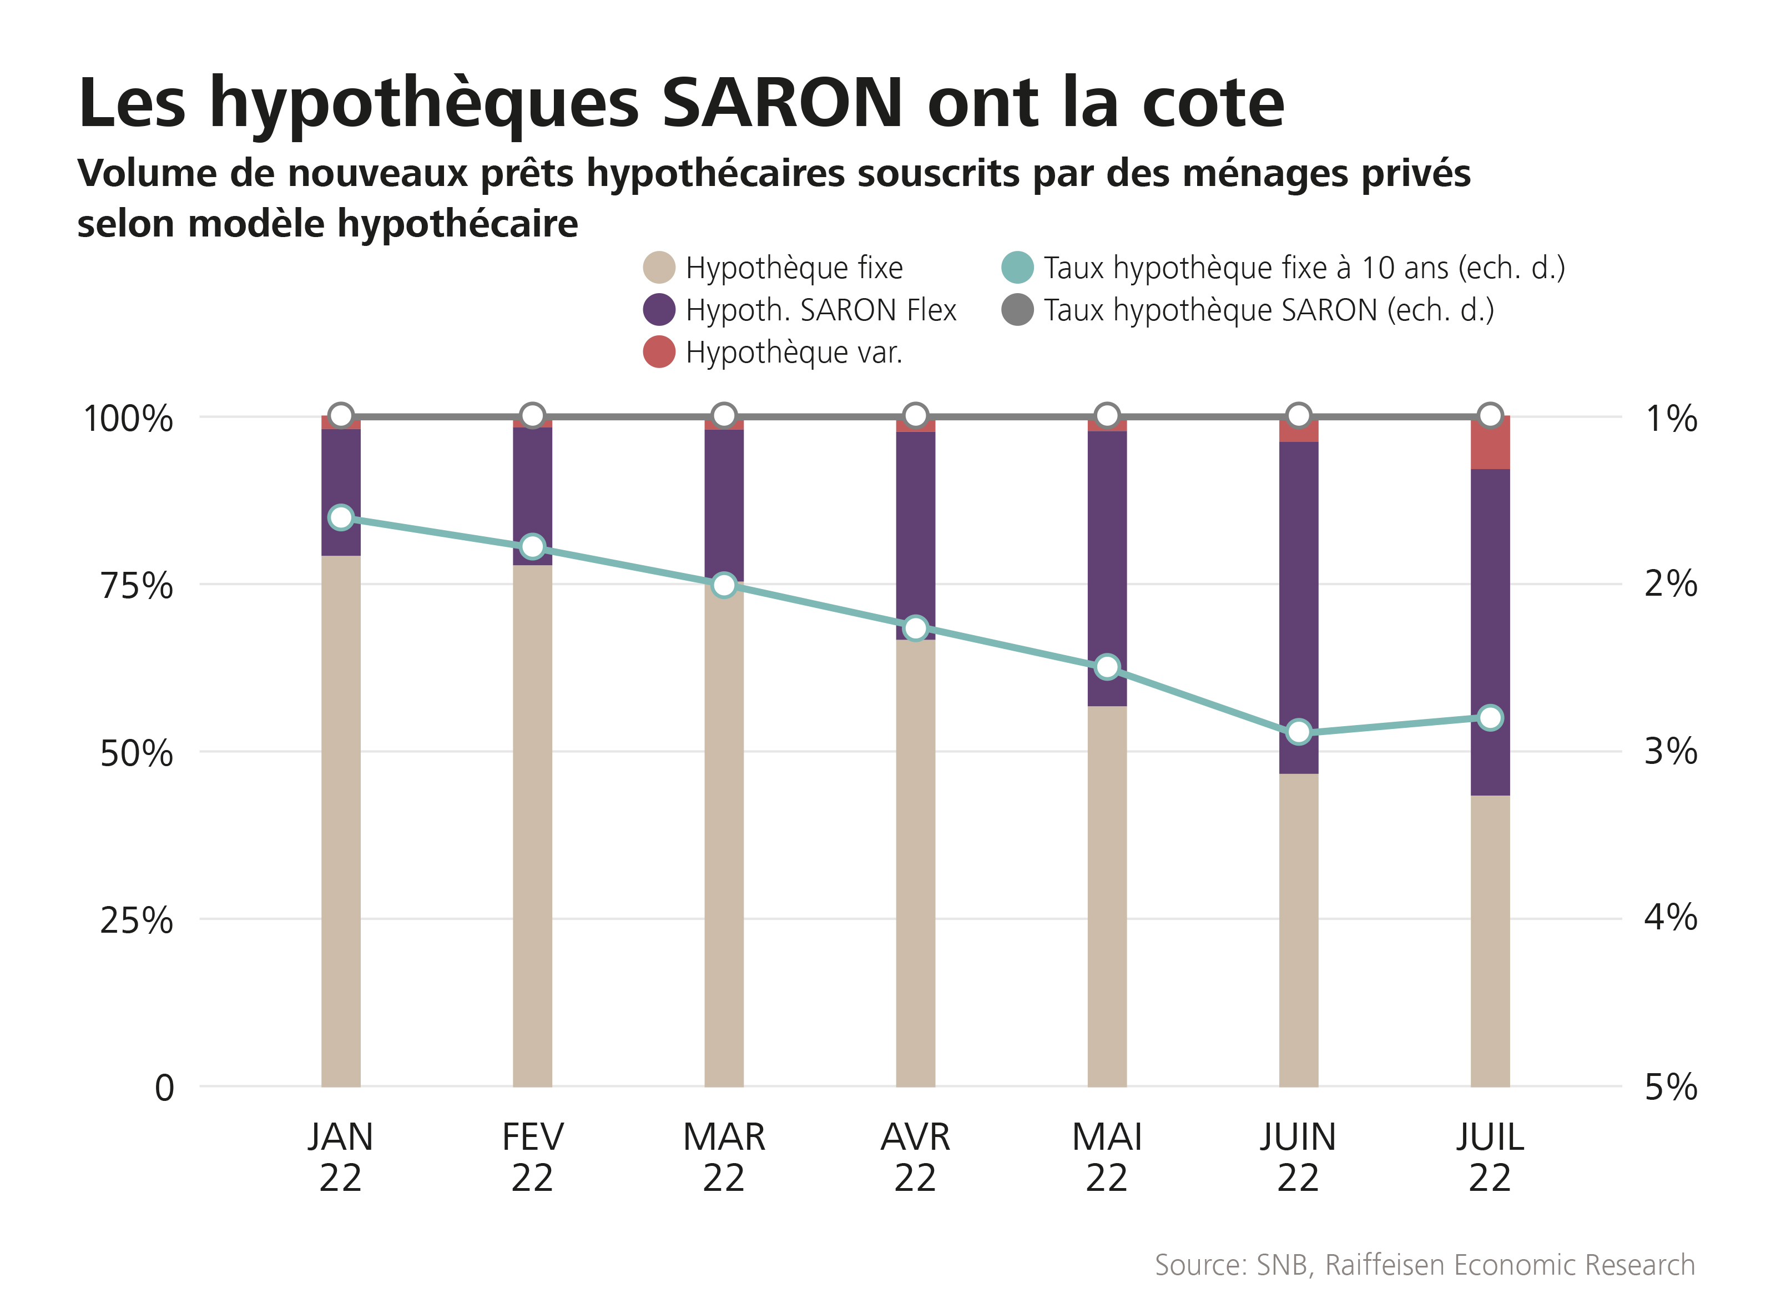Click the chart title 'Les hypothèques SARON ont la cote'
pos(681,103)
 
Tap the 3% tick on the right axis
pos(1671,751)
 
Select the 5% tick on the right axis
pos(1671,1086)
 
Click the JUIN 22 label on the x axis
pos(1299,1156)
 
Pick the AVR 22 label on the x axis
pos(915,1156)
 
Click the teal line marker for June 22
pos(1299,731)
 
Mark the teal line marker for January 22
pos(341,517)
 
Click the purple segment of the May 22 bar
pos(1107,569)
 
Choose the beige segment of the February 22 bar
pos(532,827)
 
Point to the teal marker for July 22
pos(1491,718)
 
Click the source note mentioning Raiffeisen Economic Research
pos(1424,1265)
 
